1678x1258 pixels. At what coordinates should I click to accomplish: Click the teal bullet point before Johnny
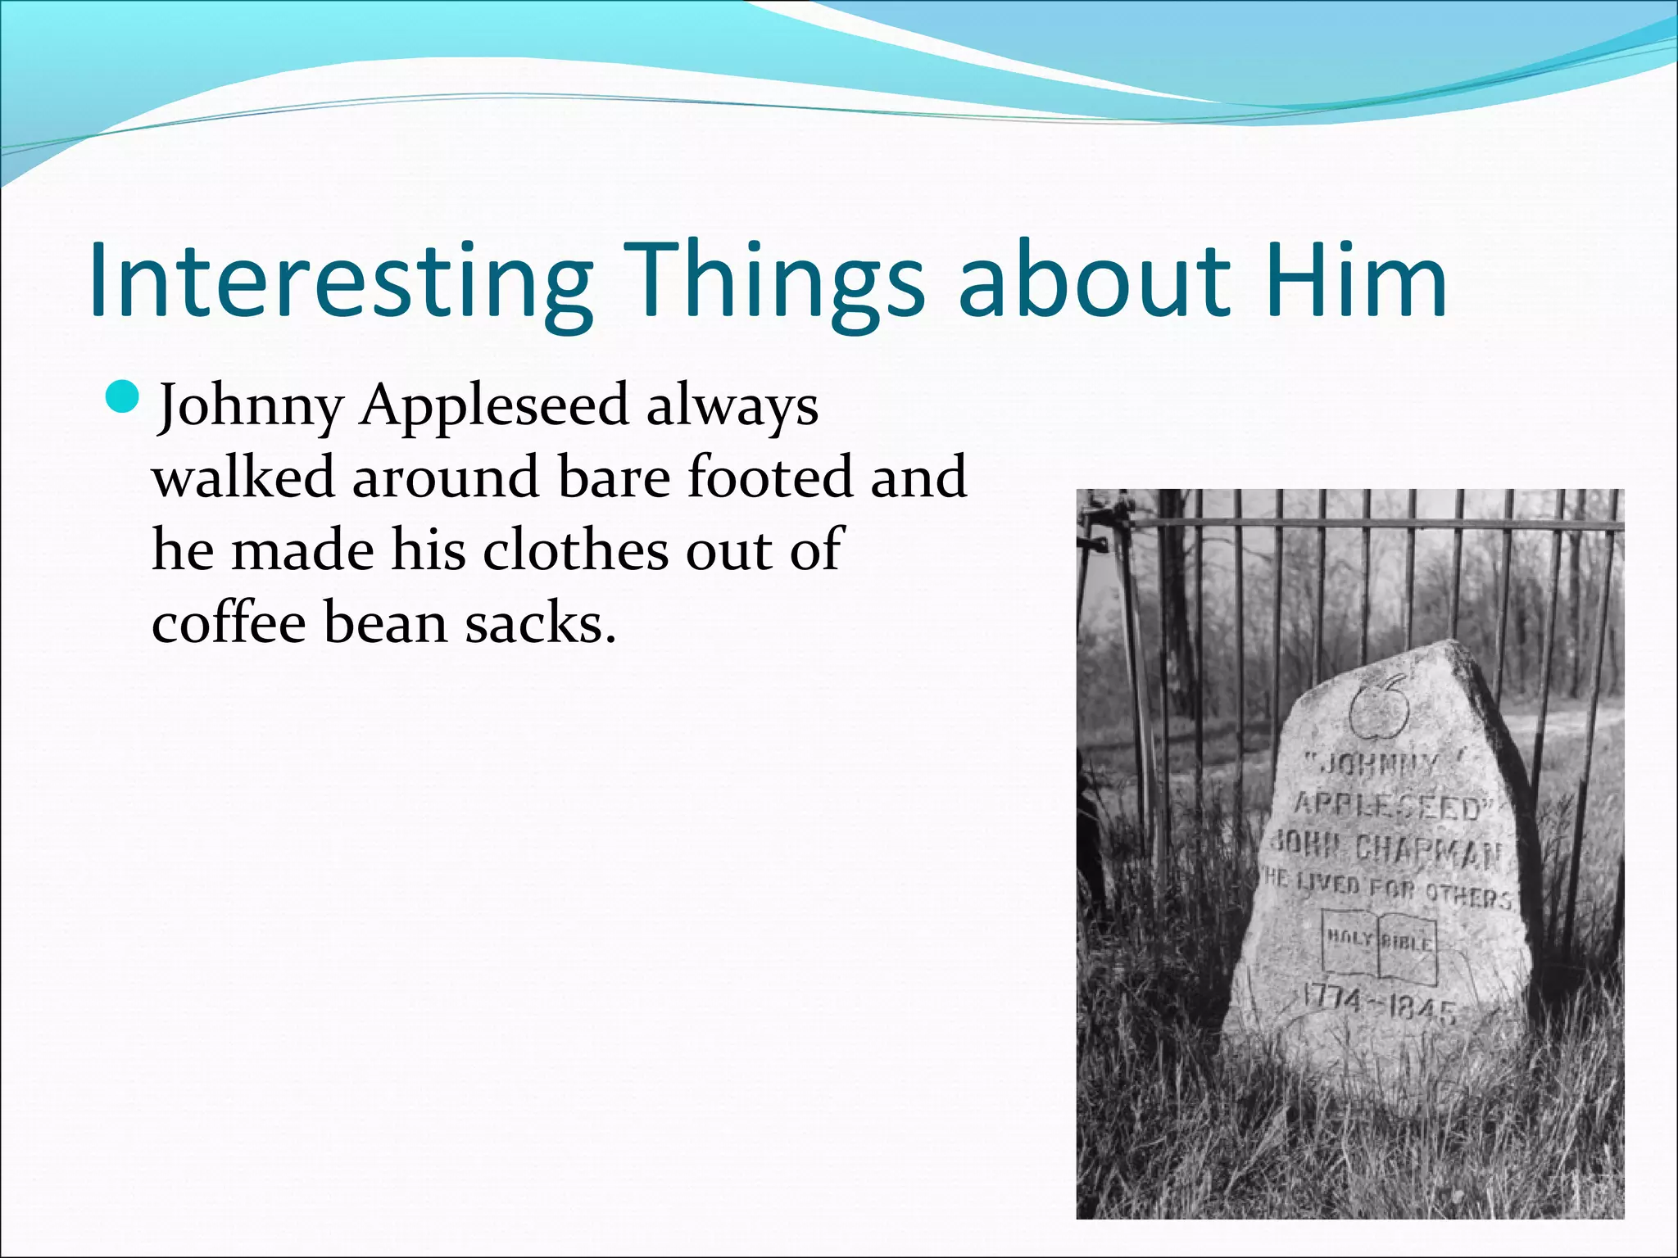[x=125, y=397]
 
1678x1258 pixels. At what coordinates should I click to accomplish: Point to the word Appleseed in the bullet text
[x=494, y=405]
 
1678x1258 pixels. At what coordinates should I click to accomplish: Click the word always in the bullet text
[x=732, y=405]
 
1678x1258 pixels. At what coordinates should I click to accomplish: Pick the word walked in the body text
[x=243, y=477]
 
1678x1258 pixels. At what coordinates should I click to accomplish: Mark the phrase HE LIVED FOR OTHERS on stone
[x=1385, y=889]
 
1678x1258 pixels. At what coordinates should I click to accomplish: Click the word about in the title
[x=1093, y=280]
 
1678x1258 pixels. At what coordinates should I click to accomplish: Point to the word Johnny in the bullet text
[x=250, y=405]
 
